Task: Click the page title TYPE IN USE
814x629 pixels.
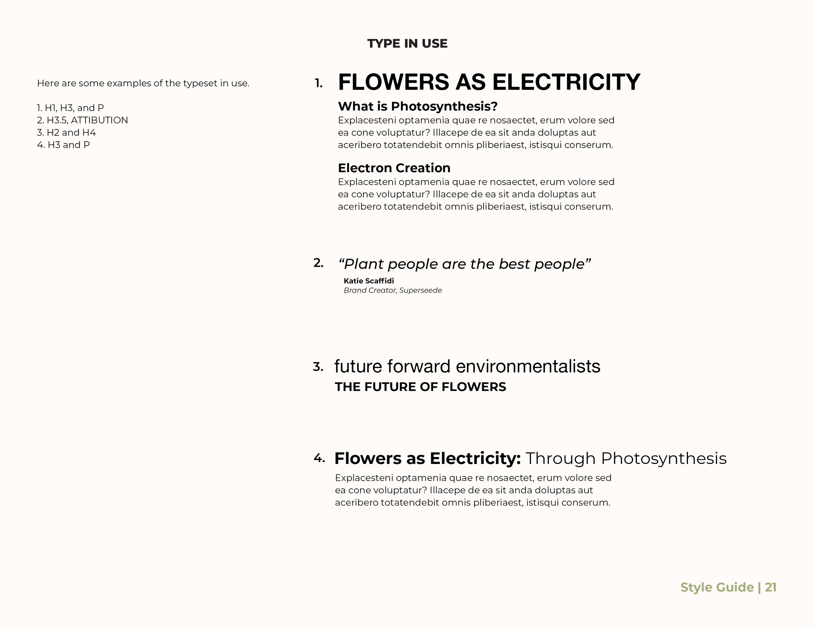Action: [x=407, y=44]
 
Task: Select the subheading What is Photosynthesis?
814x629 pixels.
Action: [x=417, y=106]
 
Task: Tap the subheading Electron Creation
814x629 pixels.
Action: [x=394, y=168]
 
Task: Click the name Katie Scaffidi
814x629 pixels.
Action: [x=368, y=281]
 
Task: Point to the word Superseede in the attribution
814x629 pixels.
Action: [x=420, y=290]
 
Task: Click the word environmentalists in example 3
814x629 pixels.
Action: [x=528, y=366]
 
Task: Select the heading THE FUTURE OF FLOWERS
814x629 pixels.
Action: [x=420, y=387]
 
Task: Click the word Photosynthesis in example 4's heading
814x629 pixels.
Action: [x=664, y=458]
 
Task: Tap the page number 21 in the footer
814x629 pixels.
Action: [x=770, y=587]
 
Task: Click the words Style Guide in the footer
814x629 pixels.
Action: [x=717, y=587]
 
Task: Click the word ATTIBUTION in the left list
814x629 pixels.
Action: [x=99, y=120]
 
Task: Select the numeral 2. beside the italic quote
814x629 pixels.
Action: [x=318, y=263]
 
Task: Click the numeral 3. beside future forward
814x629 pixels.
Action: [x=318, y=367]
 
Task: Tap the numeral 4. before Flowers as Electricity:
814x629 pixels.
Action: [x=319, y=458]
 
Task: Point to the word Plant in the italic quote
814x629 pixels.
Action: [x=363, y=264]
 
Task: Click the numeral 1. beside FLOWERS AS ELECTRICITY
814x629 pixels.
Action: [x=318, y=83]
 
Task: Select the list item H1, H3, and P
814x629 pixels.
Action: [x=70, y=108]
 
